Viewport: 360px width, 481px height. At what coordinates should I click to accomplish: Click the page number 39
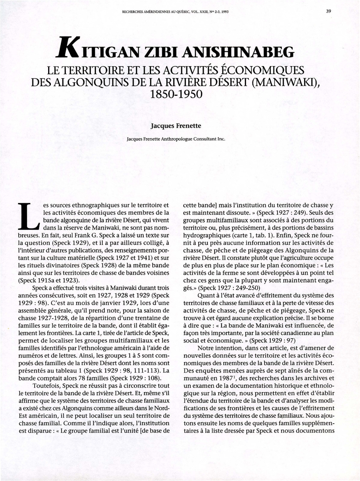[328, 11]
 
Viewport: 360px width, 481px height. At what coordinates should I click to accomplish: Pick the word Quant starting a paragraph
[207, 295]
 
